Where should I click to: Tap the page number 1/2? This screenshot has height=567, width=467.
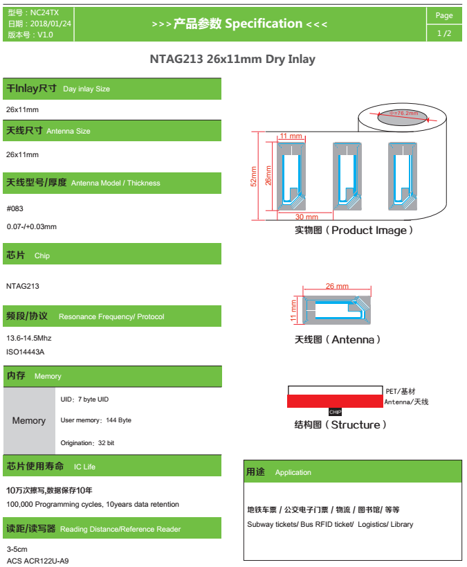443,33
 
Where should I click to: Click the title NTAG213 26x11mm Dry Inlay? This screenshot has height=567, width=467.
232,60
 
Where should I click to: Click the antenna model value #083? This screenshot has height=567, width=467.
15,208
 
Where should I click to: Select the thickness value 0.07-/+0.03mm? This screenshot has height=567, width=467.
31,226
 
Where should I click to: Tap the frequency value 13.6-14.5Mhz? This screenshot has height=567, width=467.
29,339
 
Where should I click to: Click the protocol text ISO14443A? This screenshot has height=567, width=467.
25,352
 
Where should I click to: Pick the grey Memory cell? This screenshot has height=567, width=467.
29,420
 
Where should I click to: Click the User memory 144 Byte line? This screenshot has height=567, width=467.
95,420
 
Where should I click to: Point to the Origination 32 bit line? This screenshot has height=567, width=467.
87,442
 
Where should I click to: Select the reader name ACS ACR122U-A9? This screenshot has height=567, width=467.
37,560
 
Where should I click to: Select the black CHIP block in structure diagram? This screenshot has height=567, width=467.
335,412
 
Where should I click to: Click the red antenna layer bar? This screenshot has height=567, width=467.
335,401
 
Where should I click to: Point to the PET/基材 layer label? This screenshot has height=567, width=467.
401,391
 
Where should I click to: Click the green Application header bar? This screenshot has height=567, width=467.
352,472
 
